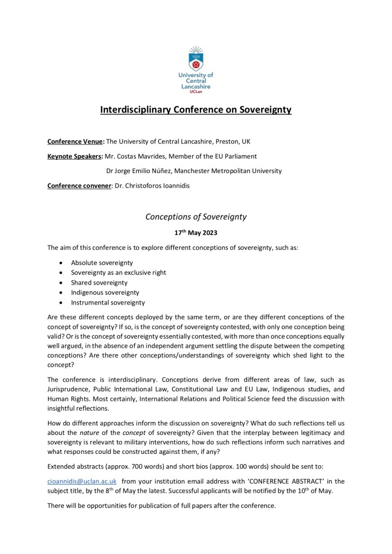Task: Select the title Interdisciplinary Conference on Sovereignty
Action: pyautogui.click(x=195, y=110)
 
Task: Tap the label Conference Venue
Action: pyautogui.click(x=75, y=142)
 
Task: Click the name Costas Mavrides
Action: pyautogui.click(x=151, y=156)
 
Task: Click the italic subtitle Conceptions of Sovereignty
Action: pyautogui.click(x=195, y=217)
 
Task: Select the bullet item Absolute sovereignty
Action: pyautogui.click(x=102, y=262)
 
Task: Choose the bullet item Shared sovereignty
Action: pyautogui.click(x=99, y=282)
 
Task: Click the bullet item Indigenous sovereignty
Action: pyautogui.click(x=105, y=293)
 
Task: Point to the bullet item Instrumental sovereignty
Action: pyautogui.click(x=108, y=303)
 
